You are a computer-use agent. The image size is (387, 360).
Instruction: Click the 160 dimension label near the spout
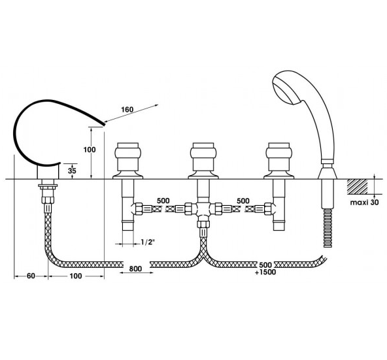[x=127, y=109]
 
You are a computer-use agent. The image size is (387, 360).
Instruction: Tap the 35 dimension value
[x=72, y=171]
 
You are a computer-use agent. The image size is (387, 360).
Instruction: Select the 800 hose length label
[x=135, y=269]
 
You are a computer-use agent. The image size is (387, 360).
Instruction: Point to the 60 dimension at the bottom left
[x=31, y=276]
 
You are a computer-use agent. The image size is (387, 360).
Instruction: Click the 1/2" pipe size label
[x=148, y=242]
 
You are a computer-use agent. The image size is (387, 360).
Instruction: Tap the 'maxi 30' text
[x=364, y=203]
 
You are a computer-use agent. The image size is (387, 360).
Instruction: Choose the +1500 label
[x=265, y=272]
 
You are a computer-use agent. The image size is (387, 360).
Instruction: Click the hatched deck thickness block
[x=358, y=186]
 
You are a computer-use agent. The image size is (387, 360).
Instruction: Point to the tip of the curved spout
[x=105, y=124]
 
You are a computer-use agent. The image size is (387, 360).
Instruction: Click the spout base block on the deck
[x=48, y=172]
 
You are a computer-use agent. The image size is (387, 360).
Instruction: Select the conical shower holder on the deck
[x=328, y=173]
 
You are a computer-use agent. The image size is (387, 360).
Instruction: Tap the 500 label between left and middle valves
[x=163, y=201]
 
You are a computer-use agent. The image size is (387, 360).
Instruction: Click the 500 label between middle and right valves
[x=243, y=201]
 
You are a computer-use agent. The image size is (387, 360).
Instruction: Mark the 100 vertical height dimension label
[x=90, y=150]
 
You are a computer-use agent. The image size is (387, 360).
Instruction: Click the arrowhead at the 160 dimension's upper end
[x=156, y=105]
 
